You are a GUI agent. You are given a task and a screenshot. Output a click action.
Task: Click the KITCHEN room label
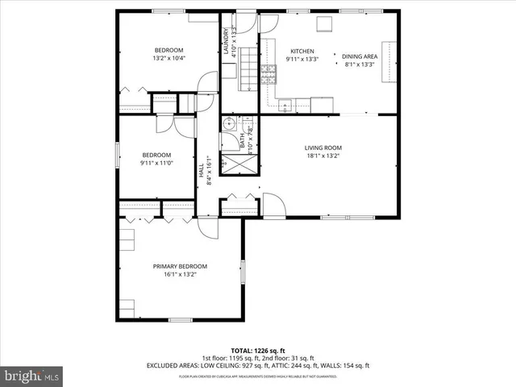pos(302,50)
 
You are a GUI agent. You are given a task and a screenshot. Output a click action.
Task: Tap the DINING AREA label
pos(360,56)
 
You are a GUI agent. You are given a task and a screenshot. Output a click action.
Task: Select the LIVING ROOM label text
pos(322,148)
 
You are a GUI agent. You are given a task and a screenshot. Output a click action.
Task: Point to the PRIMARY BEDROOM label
pos(180,266)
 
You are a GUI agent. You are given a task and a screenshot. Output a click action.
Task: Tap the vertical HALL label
pos(201,171)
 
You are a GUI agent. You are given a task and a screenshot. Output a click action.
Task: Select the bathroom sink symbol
pos(229,124)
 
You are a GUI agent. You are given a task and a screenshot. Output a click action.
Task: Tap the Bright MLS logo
pos(32,376)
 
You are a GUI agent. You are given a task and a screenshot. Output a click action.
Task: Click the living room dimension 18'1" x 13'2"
pos(322,156)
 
